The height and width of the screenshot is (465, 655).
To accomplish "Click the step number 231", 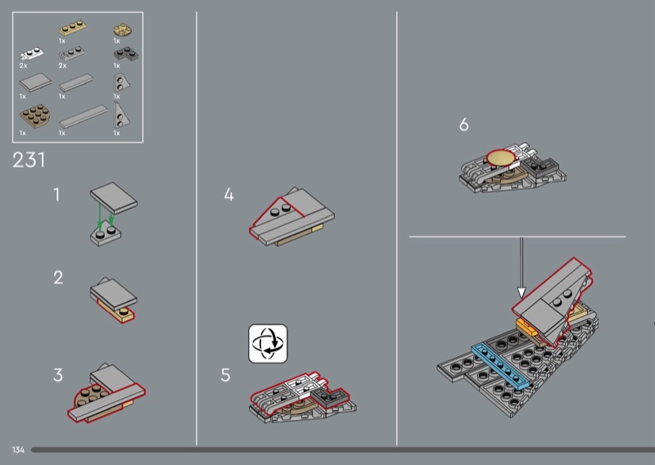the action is coord(29,160).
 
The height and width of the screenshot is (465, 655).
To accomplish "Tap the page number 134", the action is coord(18,450).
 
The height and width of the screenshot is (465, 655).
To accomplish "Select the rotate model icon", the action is coord(268,343).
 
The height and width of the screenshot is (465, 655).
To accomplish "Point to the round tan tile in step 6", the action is coord(501,158).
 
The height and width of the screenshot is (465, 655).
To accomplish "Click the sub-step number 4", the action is coord(229,194).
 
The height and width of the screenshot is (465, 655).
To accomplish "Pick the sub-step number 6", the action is coord(463,124).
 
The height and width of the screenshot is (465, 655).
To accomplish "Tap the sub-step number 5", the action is coord(226,375).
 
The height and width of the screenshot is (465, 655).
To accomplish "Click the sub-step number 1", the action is coord(56,195).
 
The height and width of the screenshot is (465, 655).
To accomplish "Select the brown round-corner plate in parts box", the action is coord(35,116).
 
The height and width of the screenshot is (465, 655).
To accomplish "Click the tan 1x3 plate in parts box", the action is coord(73,29).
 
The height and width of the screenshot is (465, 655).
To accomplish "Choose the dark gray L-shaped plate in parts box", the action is coord(126,54).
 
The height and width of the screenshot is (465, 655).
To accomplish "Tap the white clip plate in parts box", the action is coord(31,54).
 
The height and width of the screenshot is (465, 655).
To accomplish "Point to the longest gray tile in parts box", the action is coord(84,116).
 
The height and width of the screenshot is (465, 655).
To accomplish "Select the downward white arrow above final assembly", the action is coord(522,268).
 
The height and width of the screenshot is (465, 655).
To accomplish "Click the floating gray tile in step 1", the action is coord(114,197).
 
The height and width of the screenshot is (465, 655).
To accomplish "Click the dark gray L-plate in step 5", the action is coord(329,398).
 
